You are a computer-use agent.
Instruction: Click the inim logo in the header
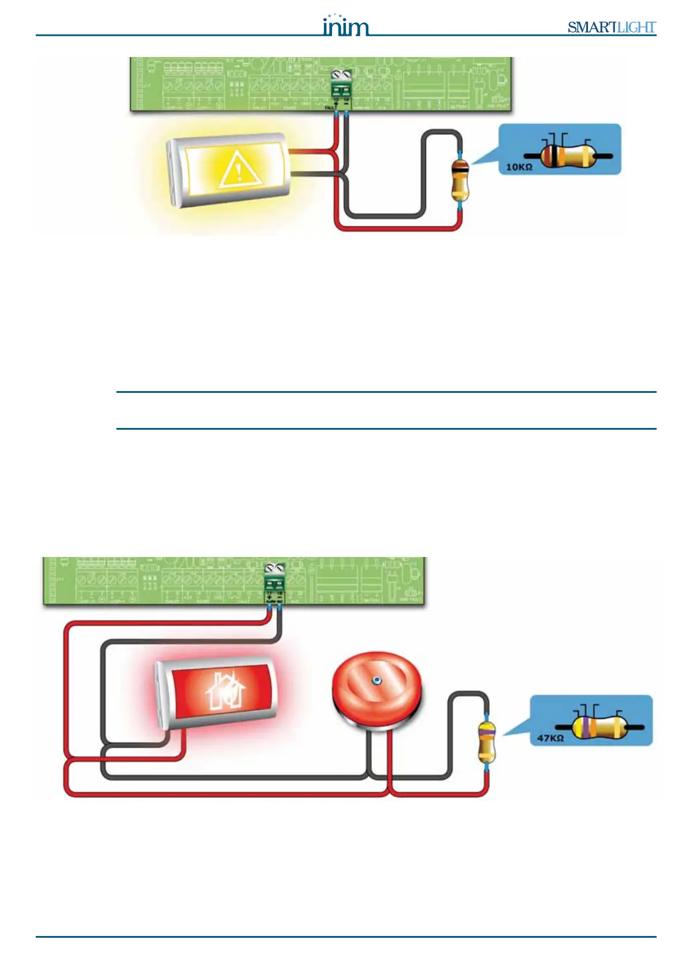345,26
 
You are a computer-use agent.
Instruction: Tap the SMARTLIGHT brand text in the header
611,27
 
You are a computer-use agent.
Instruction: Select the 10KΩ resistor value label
519,167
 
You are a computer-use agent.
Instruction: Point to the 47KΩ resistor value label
550,738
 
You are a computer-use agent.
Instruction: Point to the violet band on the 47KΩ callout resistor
584,727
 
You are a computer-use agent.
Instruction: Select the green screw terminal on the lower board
274,578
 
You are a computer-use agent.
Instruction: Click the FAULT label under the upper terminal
331,108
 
